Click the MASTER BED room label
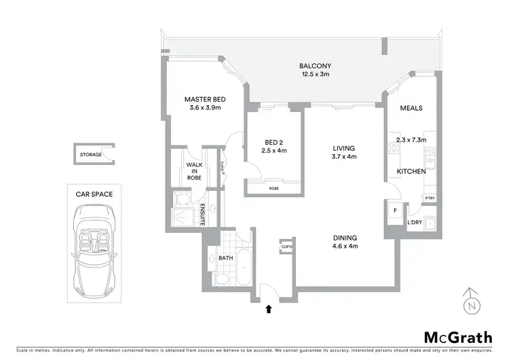coord(205,100)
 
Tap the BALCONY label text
coord(316,66)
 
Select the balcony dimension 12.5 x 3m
coord(316,75)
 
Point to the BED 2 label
coord(273,142)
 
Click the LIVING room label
coord(344,147)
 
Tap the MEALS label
coord(411,108)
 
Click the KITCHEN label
coord(411,172)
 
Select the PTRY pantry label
coord(430,198)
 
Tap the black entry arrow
coord(269,309)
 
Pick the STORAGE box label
coord(91,155)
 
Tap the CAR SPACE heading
coord(94,194)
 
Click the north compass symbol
coord(469,302)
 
